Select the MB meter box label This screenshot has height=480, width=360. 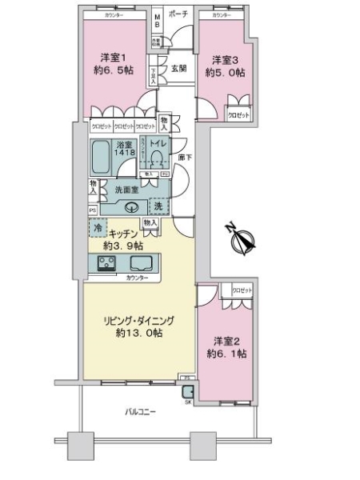(x=158, y=18)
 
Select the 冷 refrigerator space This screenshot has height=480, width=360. (x=97, y=228)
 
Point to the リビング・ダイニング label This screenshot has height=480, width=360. (x=138, y=326)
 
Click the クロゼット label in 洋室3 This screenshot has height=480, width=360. (x=238, y=114)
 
